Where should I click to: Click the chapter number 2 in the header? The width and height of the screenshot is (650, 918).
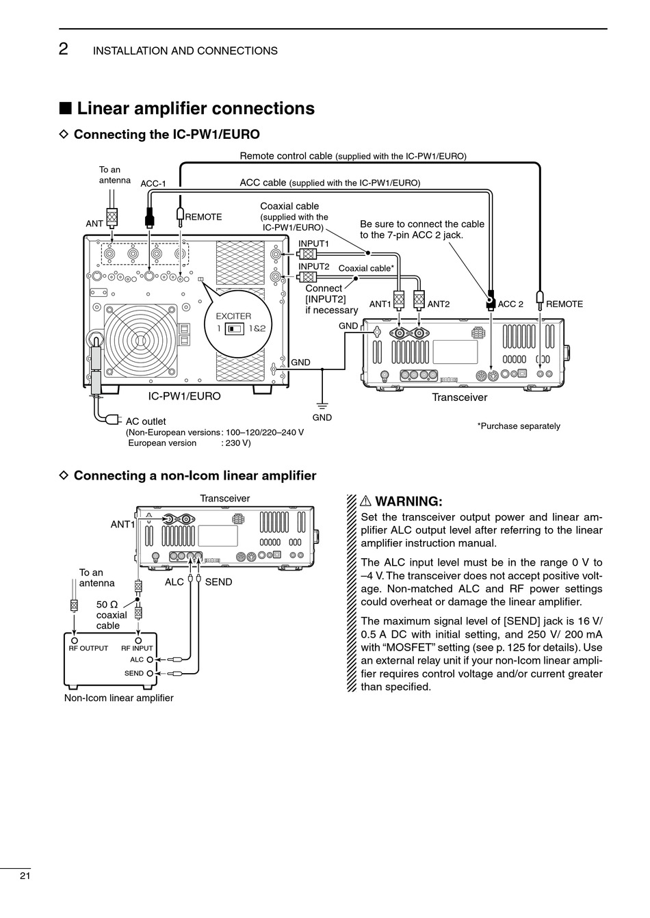click(64, 49)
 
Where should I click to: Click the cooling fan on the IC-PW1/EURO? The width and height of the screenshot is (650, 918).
click(140, 340)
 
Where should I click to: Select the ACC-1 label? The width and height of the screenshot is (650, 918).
click(153, 183)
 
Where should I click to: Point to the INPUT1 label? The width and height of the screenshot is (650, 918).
click(313, 244)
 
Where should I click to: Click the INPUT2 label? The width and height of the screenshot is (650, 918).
click(313, 266)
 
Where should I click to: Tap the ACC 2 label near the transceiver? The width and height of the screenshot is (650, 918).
click(510, 304)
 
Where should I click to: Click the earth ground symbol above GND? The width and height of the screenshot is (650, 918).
click(322, 406)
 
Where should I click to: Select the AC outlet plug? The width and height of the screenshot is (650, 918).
click(113, 419)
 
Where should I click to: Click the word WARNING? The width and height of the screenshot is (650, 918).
click(408, 501)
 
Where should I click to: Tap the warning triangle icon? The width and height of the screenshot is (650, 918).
click(365, 501)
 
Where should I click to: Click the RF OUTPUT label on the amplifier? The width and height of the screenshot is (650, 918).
click(88, 648)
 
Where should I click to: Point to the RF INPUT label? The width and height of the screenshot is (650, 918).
click(137, 648)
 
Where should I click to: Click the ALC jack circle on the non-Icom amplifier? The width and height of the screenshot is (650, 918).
click(150, 660)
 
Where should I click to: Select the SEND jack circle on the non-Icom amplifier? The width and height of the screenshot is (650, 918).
click(150, 673)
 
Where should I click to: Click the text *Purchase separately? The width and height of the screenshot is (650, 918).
click(519, 426)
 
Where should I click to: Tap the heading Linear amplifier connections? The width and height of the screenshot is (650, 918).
click(196, 109)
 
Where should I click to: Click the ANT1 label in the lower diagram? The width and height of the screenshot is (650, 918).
click(122, 524)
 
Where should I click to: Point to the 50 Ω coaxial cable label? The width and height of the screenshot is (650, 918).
click(112, 615)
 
